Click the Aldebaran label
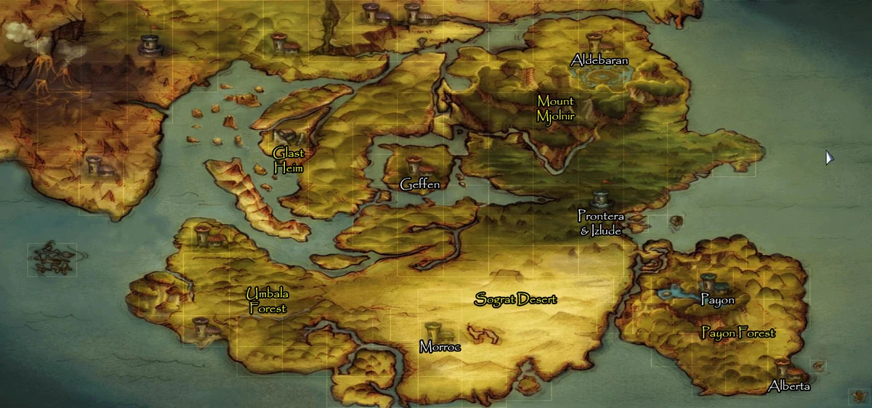(x=599, y=60)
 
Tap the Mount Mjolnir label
(x=556, y=108)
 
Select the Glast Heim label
(x=288, y=160)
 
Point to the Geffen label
(x=420, y=185)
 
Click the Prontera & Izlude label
(x=601, y=223)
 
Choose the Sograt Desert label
(x=516, y=299)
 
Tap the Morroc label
(x=440, y=347)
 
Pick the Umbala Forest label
(x=267, y=301)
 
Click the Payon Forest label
(x=738, y=333)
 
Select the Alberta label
(x=788, y=386)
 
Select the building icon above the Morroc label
(x=433, y=330)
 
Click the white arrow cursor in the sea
(x=829, y=158)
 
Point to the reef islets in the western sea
(x=52, y=258)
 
